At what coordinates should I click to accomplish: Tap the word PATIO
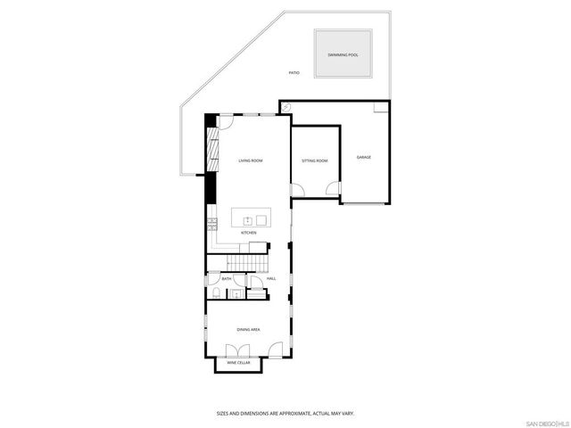click(294, 72)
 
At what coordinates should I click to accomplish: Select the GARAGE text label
click(364, 157)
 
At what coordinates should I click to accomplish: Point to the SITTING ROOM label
click(315, 160)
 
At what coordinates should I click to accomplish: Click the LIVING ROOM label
click(250, 160)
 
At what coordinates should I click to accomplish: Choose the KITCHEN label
click(249, 233)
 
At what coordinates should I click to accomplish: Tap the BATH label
click(227, 279)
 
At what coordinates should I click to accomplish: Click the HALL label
click(271, 279)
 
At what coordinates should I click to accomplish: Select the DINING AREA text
click(249, 330)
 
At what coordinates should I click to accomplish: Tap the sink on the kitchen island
click(249, 218)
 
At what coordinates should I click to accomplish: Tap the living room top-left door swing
click(228, 120)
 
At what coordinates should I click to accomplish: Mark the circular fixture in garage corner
click(286, 106)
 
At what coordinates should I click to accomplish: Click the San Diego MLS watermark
click(546, 421)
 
